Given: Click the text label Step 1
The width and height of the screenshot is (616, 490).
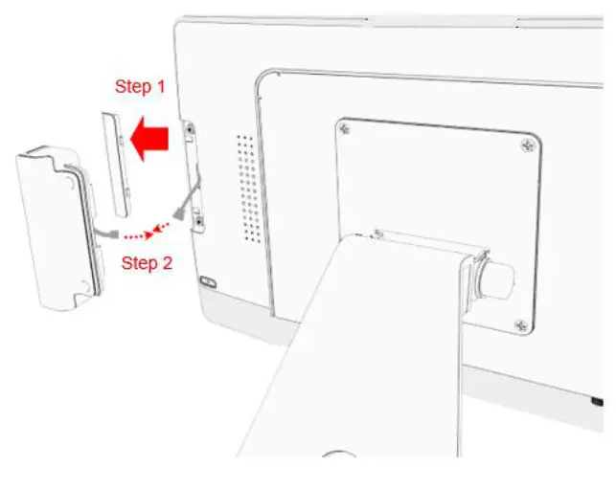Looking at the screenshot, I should [x=140, y=86].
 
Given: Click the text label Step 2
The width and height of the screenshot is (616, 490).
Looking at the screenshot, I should [x=147, y=262].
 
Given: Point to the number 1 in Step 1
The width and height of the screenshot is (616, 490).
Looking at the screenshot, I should [x=160, y=86].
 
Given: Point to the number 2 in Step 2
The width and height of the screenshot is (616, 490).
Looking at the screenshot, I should [x=167, y=262].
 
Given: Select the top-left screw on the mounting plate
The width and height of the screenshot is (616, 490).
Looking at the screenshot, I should [x=345, y=125].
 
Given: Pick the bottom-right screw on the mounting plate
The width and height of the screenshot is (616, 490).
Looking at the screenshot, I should [x=521, y=327].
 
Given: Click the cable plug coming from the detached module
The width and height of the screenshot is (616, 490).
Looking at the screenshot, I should [x=112, y=233].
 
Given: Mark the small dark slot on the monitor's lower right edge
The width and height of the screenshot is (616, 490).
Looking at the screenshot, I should [x=597, y=400].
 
